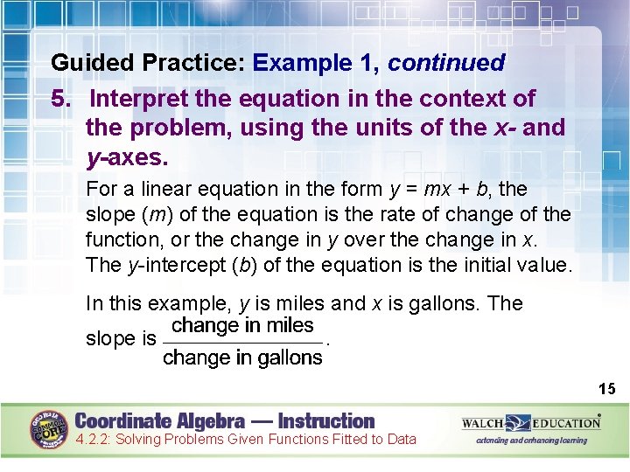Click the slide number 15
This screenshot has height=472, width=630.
[x=607, y=388]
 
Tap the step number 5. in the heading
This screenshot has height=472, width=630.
[x=62, y=98]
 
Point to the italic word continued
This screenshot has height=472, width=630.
[x=446, y=63]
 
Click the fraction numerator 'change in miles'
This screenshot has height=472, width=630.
[x=242, y=326]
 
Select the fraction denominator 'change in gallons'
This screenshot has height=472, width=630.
[x=242, y=357]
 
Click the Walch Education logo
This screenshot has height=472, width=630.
[x=531, y=423]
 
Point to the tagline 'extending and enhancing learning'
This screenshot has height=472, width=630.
[x=531, y=441]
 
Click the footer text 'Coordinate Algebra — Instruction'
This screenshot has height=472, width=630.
[x=224, y=420]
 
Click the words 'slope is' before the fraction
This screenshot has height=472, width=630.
[x=121, y=339]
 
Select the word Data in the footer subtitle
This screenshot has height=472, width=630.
[x=401, y=440]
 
